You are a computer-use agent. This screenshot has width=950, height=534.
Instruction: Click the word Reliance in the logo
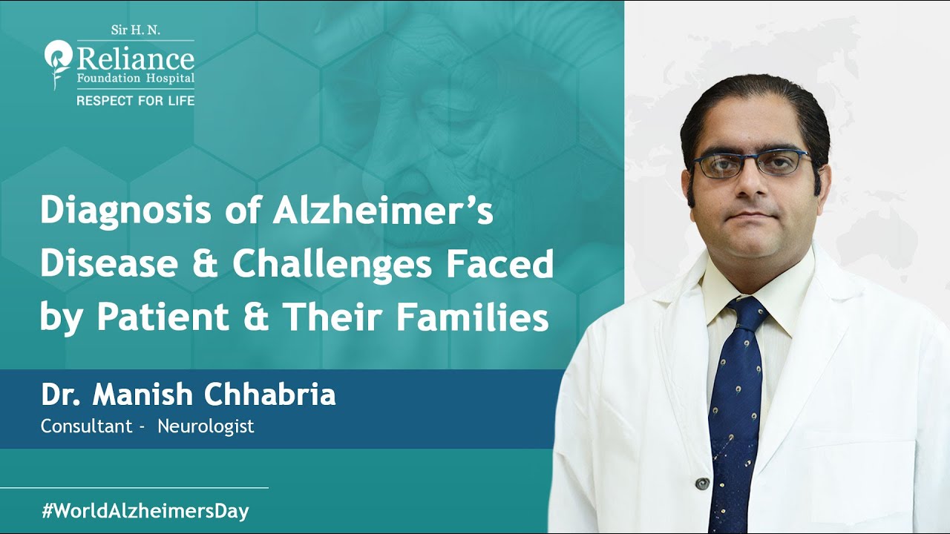[x=136, y=59]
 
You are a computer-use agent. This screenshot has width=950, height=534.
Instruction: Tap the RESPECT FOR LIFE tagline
[x=136, y=100]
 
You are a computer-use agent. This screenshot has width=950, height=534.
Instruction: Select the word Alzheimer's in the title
[x=383, y=211]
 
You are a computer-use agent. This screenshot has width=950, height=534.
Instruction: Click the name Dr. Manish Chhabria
[x=189, y=395]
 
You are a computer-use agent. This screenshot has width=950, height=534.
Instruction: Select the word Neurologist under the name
[x=206, y=426]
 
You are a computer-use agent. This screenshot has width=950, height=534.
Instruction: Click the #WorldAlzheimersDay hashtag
[x=145, y=511]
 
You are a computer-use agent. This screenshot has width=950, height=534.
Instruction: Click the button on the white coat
[x=702, y=484]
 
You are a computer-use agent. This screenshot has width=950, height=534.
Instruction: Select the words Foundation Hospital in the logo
[x=136, y=78]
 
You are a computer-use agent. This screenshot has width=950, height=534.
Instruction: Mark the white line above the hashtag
[x=134, y=488]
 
